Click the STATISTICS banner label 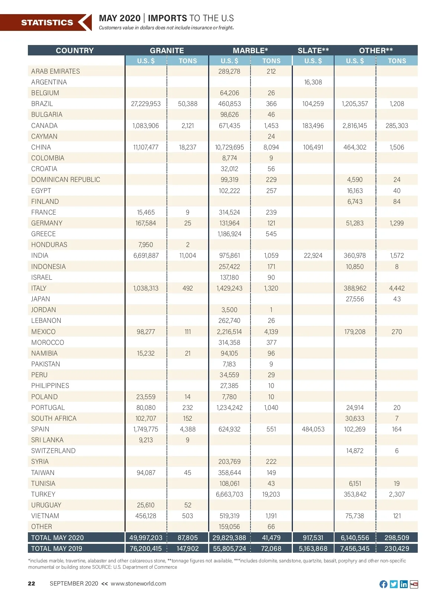(x=47, y=23)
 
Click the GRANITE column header (x=167, y=51)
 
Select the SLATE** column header (x=313, y=51)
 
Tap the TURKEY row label (x=43, y=494)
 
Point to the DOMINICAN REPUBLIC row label (x=66, y=180)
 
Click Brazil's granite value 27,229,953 (x=146, y=104)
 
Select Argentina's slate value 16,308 (x=313, y=82)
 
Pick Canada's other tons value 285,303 (x=397, y=126)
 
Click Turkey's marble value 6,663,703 (x=229, y=494)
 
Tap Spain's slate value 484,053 (x=313, y=429)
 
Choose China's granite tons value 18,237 (x=187, y=147)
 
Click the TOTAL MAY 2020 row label (x=58, y=538)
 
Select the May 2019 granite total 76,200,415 (x=146, y=549)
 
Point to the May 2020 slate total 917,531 (x=313, y=538)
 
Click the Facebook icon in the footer (x=383, y=584)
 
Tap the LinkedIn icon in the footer (x=404, y=584)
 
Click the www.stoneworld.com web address (x=138, y=584)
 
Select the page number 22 (x=32, y=584)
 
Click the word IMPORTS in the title (x=167, y=18)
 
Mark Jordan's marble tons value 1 (x=271, y=310)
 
